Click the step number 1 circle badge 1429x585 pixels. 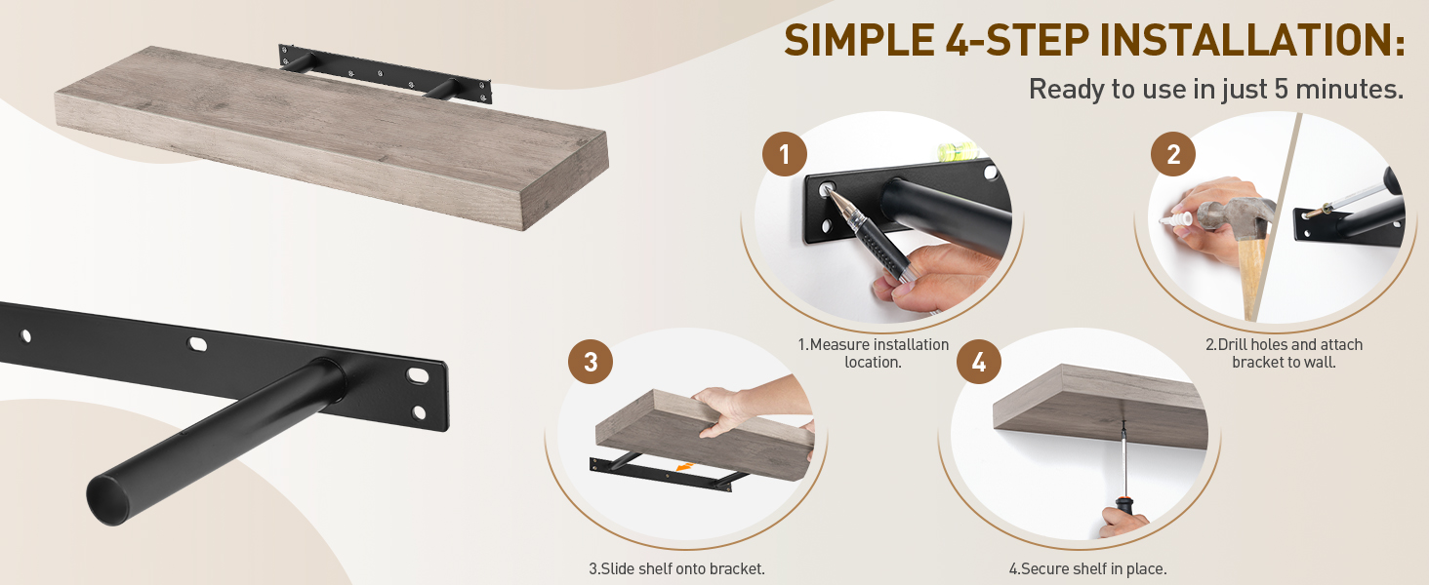pyautogui.click(x=784, y=154)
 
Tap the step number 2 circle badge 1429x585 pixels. pyautogui.click(x=1173, y=154)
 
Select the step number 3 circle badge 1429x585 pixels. pyautogui.click(x=591, y=362)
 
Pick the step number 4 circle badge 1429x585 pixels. pyautogui.click(x=979, y=362)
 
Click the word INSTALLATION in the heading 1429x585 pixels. pyautogui.click(x=1251, y=40)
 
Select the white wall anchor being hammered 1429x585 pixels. pyautogui.click(x=1176, y=219)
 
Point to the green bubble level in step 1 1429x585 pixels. pyautogui.click(x=957, y=151)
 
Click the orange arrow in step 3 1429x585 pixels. pyautogui.click(x=684, y=468)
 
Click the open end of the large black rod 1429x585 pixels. pyautogui.click(x=106, y=500)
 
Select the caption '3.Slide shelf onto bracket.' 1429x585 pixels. pyautogui.click(x=676, y=568)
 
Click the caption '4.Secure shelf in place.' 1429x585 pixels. pyautogui.click(x=1087, y=568)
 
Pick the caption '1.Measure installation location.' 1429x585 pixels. pyautogui.click(x=874, y=353)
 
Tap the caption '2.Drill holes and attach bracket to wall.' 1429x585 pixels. pyautogui.click(x=1284, y=353)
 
